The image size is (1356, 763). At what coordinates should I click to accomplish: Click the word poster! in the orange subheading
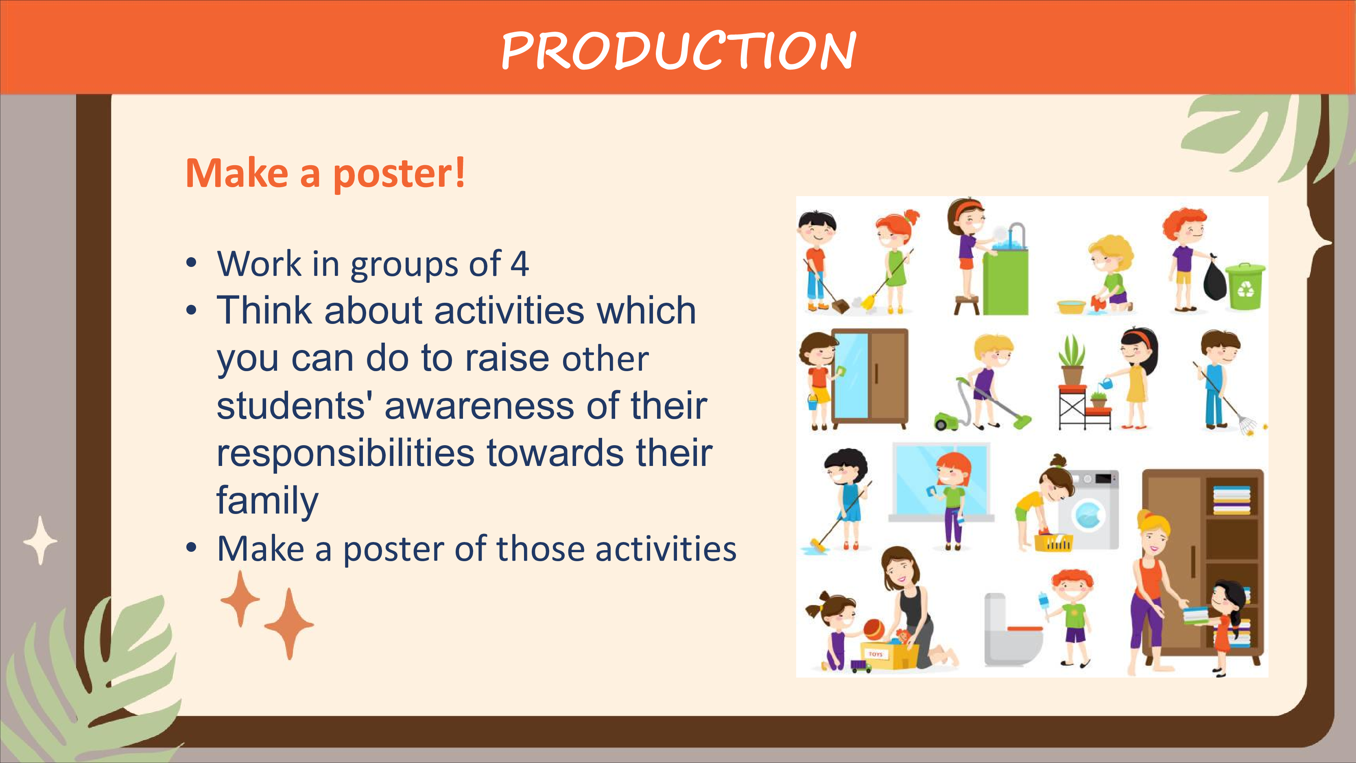click(x=400, y=174)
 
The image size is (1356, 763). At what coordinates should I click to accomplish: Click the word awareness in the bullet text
click(x=479, y=406)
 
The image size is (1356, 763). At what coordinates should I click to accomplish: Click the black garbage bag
click(x=1214, y=279)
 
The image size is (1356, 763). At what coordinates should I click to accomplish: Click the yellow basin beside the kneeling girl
click(x=1071, y=306)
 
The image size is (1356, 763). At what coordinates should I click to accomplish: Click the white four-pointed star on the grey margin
click(x=40, y=540)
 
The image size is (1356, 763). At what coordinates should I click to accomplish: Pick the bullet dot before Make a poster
click(x=191, y=548)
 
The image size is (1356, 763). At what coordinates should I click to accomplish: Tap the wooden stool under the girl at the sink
click(x=967, y=304)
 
